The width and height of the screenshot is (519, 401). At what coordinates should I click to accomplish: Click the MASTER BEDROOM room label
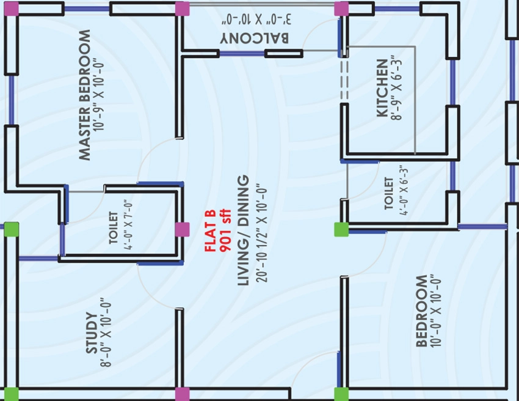pos(85,95)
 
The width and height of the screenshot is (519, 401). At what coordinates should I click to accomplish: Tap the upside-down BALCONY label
pos(255,38)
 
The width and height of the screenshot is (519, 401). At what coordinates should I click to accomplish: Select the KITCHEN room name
pos(382,88)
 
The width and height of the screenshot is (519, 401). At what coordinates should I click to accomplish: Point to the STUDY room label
pos(92,333)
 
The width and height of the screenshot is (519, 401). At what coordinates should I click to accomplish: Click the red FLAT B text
pos(211,230)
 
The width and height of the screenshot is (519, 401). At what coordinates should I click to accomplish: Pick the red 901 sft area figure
pos(225,230)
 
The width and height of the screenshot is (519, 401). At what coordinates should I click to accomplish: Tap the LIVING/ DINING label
pos(243,230)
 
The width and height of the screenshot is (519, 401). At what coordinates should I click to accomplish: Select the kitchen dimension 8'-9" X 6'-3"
pos(396,88)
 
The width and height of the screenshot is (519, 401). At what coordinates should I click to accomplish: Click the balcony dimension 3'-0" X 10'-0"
pos(257,19)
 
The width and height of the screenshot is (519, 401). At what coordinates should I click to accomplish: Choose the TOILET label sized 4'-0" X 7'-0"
pos(113,227)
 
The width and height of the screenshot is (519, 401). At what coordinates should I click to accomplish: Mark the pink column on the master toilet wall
pos(182,229)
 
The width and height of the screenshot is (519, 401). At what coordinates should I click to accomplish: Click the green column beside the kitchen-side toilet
pos(341,229)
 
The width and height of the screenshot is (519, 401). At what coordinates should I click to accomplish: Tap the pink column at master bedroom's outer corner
pos(12,9)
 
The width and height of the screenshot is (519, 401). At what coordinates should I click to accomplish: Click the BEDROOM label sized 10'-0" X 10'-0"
pos(421,311)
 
